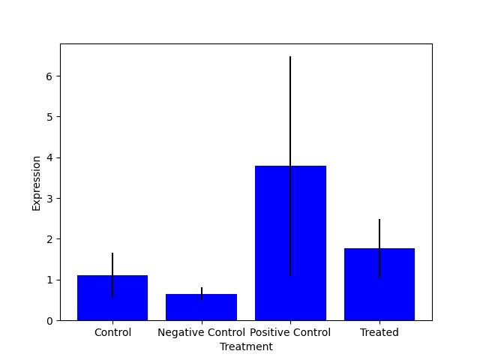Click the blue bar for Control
[112, 300]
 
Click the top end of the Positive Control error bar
[290, 57]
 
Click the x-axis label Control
[112, 332]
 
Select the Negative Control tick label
[201, 332]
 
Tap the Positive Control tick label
[290, 332]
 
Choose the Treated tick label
[379, 332]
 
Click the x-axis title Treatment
[246, 346]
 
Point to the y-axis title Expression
[36, 183]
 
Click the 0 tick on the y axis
[50, 320]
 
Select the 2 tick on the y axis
[50, 239]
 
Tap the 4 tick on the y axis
[50, 157]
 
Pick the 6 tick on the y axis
[50, 76]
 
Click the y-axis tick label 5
[50, 117]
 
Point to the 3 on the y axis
[50, 199]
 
